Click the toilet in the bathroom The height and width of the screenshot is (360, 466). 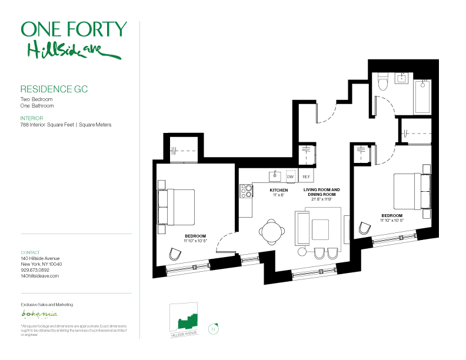click(x=383, y=81)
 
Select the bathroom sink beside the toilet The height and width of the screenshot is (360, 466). click(x=402, y=78)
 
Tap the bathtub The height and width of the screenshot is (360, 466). click(x=422, y=97)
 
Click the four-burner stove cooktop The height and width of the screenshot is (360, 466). click(x=247, y=191)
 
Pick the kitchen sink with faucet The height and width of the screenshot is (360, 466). click(x=275, y=176)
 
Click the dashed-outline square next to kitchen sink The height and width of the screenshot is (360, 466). click(x=291, y=176)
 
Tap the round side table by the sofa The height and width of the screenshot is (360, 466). click(x=302, y=252)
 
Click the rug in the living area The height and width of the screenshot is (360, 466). click(x=320, y=229)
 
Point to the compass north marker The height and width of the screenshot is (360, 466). click(x=214, y=329)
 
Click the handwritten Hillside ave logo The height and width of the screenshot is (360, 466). click(x=74, y=51)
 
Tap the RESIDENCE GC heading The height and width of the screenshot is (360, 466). click(x=54, y=89)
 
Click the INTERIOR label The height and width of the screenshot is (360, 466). click(x=32, y=118)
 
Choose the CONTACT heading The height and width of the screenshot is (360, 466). click(x=31, y=252)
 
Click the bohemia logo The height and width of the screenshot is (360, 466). click(x=39, y=314)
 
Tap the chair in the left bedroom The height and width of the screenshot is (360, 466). click(x=175, y=254)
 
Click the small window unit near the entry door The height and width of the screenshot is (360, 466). click(x=249, y=259)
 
